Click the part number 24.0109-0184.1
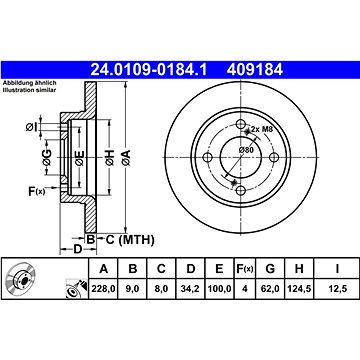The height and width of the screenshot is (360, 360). click(149, 70)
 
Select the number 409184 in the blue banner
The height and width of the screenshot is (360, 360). click(255, 70)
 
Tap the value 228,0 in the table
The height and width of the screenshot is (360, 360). click(104, 289)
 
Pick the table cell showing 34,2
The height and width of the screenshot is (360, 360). click(190, 289)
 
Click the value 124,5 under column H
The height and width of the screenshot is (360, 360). click(299, 289)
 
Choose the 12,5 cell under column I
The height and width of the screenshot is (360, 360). click(337, 289)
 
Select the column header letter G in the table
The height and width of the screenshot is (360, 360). click(270, 268)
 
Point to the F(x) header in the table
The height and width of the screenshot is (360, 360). click(245, 268)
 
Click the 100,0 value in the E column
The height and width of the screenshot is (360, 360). click(219, 289)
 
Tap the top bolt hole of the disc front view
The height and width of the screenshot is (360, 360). click(241, 124)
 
